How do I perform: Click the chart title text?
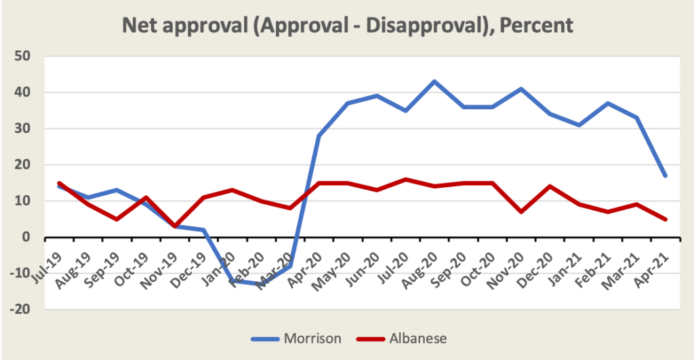(347, 26)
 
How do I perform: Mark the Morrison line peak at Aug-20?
(434, 81)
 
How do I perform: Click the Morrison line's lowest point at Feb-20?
(261, 284)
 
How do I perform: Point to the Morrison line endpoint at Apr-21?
(666, 176)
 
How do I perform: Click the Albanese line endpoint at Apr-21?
(666, 219)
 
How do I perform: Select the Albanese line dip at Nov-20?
(521, 212)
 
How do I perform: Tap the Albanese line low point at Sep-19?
(117, 219)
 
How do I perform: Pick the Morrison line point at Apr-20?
(319, 136)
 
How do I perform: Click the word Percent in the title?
(535, 26)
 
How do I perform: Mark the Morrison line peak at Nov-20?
(521, 89)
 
